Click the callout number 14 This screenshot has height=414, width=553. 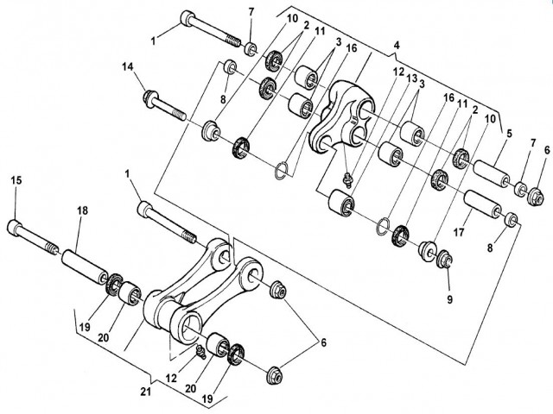tap(128, 66)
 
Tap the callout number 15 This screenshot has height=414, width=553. tap(16, 180)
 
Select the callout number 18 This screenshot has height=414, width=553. tap(82, 210)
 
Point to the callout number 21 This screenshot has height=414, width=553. tap(146, 392)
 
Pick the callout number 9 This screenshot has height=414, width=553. tap(449, 299)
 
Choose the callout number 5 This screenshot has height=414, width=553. tap(509, 135)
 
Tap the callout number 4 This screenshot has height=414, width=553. tap(397, 46)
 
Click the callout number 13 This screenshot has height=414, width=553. tap(412, 78)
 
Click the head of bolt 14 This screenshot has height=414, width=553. tap(150, 97)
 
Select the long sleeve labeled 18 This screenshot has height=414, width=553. tap(85, 267)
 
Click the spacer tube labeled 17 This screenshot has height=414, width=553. tap(482, 204)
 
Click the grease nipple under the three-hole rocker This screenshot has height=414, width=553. tap(348, 178)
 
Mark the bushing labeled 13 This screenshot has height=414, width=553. tap(340, 203)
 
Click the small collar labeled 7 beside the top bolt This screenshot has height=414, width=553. tap(251, 48)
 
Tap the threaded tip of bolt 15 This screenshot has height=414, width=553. tap(52, 249)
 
